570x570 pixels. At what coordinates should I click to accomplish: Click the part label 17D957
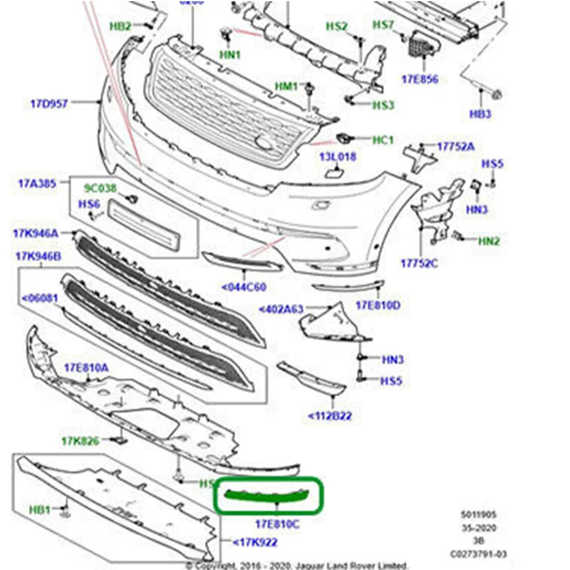point(49,104)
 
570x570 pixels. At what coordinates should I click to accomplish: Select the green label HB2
point(120,26)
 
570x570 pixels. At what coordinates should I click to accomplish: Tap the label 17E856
point(420,79)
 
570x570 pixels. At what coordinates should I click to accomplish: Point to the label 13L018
point(338,156)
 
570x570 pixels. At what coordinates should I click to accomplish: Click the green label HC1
point(383,140)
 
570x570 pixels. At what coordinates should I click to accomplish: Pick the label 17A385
point(36,183)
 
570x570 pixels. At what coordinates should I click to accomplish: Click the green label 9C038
point(100,187)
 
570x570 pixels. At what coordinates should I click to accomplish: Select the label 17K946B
point(38,257)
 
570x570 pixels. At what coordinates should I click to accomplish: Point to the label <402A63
point(281,309)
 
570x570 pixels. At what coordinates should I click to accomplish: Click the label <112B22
point(330,416)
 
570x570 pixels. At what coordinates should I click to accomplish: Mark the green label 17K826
point(80,441)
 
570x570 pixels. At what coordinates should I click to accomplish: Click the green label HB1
point(40,508)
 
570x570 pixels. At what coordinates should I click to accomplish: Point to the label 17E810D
point(378,306)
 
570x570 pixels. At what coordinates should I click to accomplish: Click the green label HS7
point(383,24)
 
